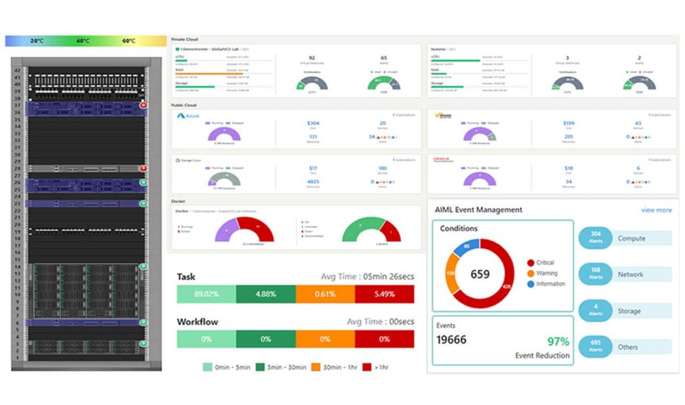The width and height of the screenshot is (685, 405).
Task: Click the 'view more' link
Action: [x=656, y=210]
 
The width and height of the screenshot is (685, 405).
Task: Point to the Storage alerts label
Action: [x=629, y=311]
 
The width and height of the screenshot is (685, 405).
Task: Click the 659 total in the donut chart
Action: [x=480, y=274]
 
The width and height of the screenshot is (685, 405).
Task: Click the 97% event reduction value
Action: [x=559, y=342]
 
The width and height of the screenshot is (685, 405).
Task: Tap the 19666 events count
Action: [x=452, y=340]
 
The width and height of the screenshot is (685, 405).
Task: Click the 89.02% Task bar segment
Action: [x=206, y=294]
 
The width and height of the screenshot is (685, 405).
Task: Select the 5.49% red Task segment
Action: [x=384, y=294]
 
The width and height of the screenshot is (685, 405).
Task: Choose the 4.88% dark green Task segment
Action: [x=266, y=294]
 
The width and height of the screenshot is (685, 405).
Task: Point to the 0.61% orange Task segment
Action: [x=325, y=294]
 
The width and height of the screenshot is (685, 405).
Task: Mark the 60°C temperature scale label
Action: [x=128, y=41]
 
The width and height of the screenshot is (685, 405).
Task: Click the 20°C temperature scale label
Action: [x=37, y=41]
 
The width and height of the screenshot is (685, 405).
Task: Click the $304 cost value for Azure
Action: [x=313, y=123]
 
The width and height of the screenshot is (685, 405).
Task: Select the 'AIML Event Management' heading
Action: [x=478, y=210]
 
